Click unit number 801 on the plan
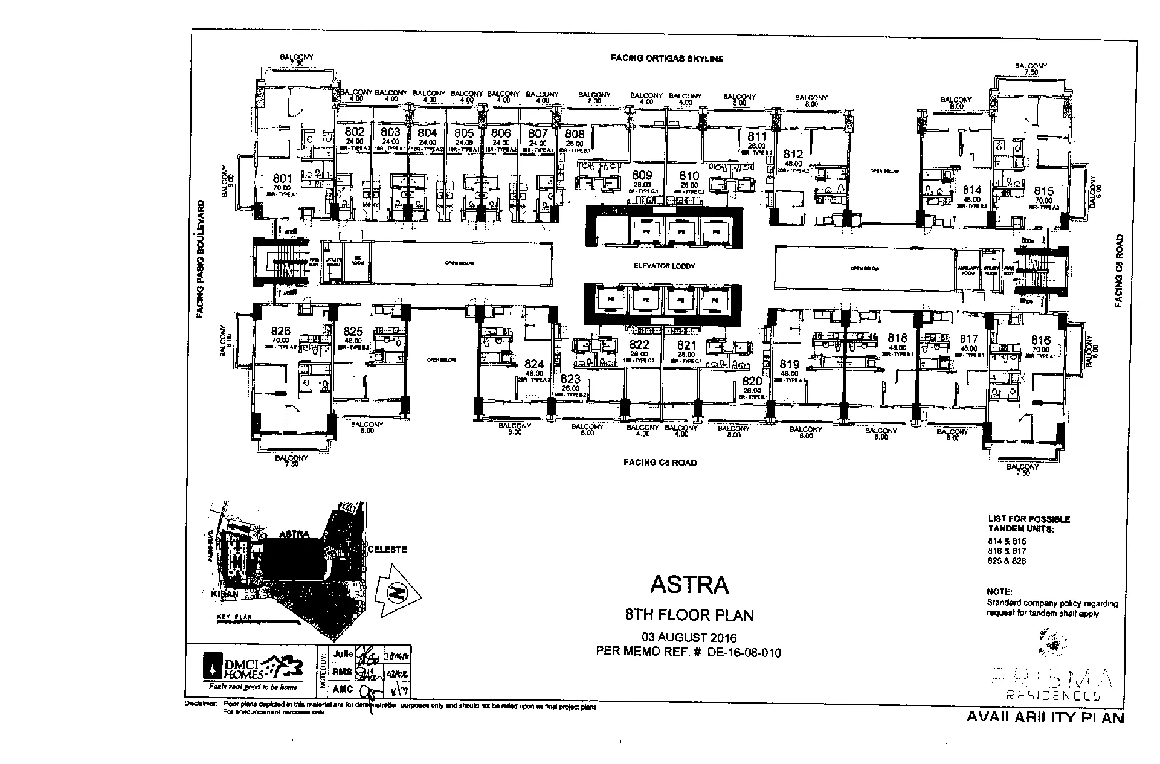click(282, 179)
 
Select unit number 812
click(793, 155)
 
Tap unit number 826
click(281, 331)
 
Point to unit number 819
click(790, 364)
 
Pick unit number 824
click(534, 364)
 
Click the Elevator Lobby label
click(663, 266)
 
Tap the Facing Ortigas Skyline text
click(666, 59)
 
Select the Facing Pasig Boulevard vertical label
click(200, 259)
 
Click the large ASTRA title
click(689, 585)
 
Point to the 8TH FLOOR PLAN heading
click(689, 615)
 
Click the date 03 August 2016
click(689, 638)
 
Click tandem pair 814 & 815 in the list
click(1007, 541)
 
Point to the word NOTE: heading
click(999, 592)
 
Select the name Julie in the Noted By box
click(343, 654)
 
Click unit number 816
click(1041, 341)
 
